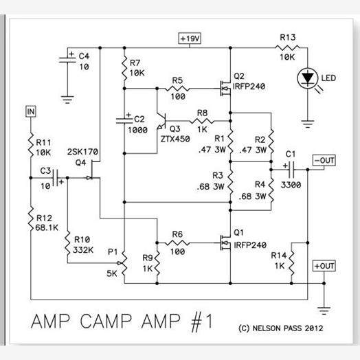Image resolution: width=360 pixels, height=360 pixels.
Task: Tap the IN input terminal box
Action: [x=30, y=111]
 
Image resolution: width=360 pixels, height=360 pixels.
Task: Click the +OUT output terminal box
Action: [x=323, y=265]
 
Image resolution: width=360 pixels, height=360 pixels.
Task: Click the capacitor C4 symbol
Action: [x=67, y=60]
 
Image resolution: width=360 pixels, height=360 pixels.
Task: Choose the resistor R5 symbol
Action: [x=177, y=89]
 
